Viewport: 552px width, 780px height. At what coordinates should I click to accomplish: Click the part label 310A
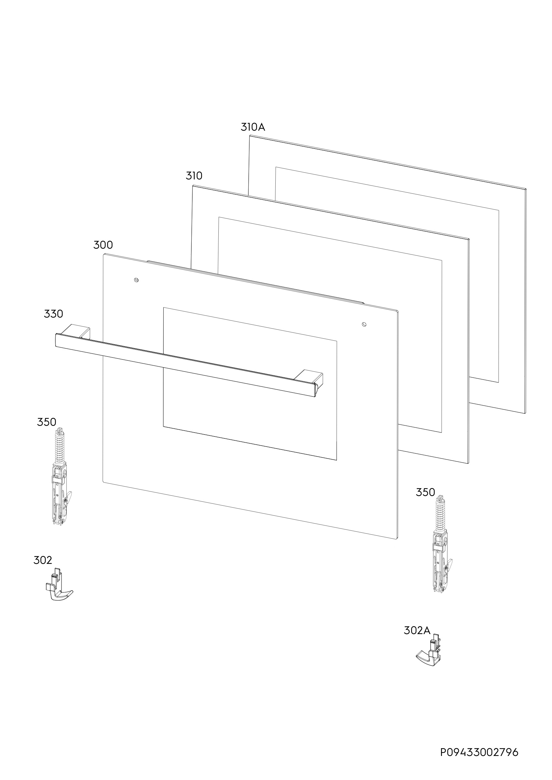253,127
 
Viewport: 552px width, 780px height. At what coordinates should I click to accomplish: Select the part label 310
194,175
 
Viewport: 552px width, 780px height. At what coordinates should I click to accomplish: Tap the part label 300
103,245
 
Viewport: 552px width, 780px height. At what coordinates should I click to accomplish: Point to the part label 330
53,314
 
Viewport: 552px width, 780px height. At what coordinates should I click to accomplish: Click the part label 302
43,560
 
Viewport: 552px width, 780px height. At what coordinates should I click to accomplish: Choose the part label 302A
417,630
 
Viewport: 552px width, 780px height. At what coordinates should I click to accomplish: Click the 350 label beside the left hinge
47,422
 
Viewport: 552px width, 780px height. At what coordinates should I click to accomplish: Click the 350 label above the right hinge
425,492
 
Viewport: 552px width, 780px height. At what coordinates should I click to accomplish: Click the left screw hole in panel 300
136,280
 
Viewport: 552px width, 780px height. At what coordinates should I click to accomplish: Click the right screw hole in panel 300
364,324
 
